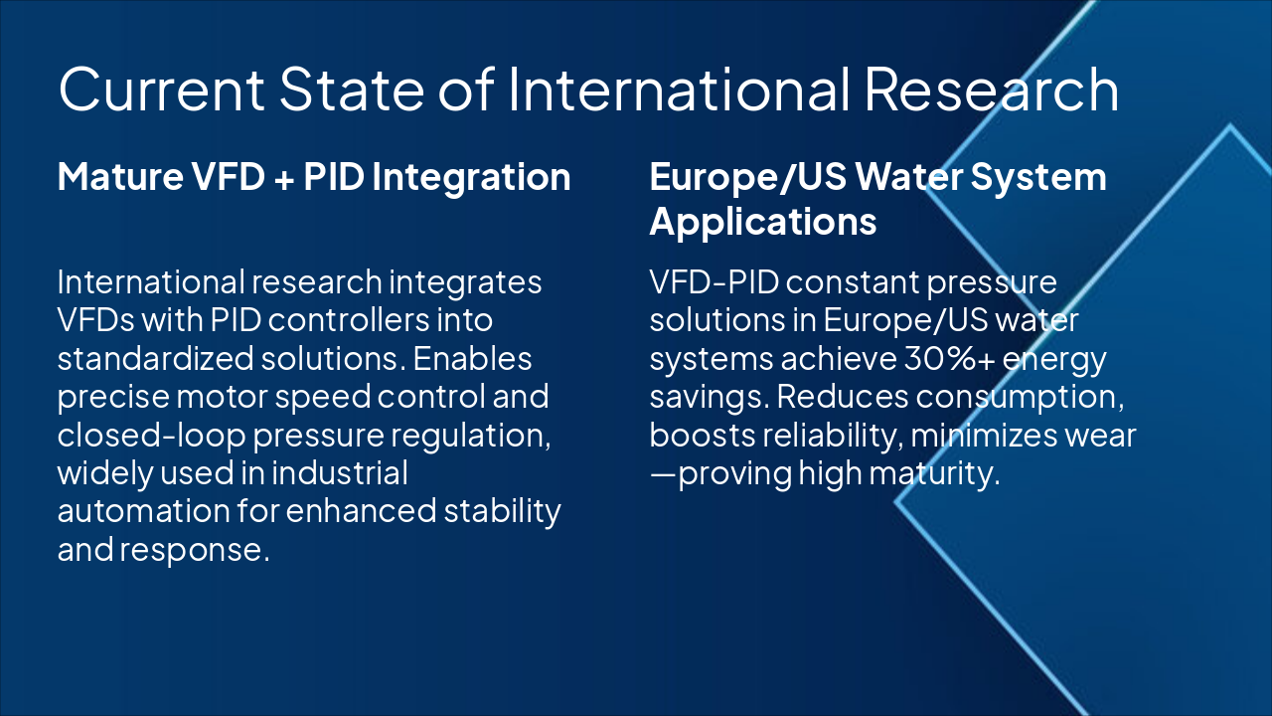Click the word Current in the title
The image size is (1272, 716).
click(x=160, y=89)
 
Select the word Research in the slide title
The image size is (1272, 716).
click(x=991, y=89)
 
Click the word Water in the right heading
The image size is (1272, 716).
click(x=908, y=177)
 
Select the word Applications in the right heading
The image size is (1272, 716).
click(x=763, y=221)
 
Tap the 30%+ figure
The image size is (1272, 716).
click(x=934, y=358)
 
